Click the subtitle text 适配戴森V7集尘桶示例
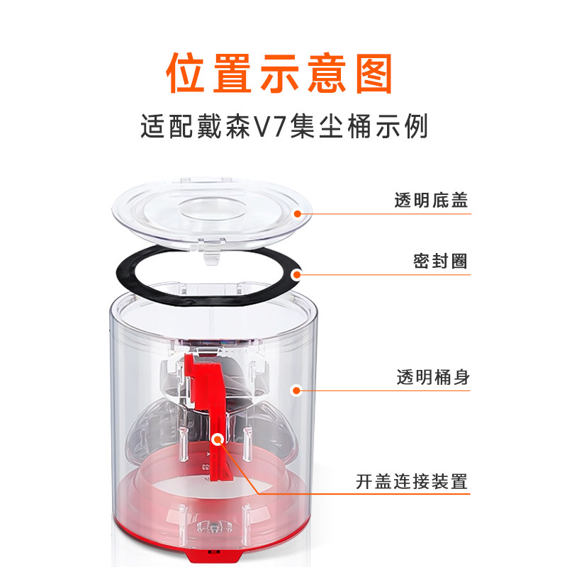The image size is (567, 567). tap(284, 129)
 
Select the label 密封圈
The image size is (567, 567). tap(440, 261)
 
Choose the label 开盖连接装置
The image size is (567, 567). tap(412, 483)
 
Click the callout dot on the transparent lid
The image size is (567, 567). tap(298, 212)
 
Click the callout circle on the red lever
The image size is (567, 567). tap(218, 439)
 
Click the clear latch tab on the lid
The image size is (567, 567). tap(211, 253)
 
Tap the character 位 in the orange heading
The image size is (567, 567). tap(189, 71)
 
